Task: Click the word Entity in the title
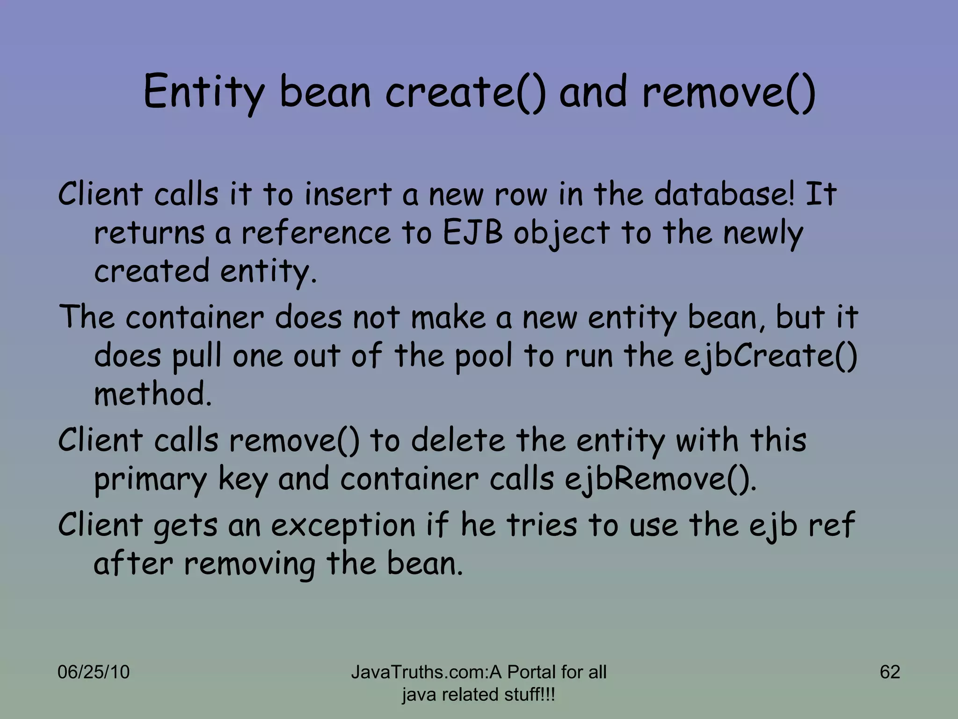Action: click(204, 92)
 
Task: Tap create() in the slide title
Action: click(465, 92)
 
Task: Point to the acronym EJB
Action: click(472, 233)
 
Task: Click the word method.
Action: click(152, 394)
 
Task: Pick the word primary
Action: click(150, 480)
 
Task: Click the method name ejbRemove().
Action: click(660, 479)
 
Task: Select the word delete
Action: click(458, 440)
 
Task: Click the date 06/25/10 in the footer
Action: click(93, 672)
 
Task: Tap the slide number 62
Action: click(890, 672)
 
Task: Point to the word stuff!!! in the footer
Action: click(529, 695)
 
